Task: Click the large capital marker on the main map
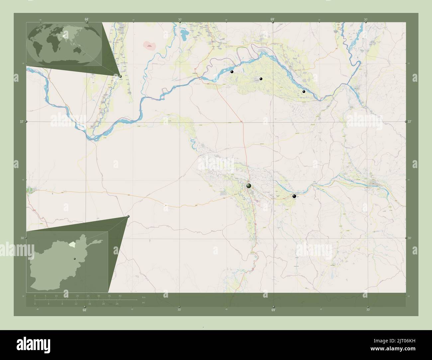[249, 186]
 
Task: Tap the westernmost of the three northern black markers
[232, 71]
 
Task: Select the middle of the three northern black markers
[261, 79]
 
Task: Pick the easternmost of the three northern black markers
[304, 91]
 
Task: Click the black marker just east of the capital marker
[294, 196]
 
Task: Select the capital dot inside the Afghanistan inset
[75, 259]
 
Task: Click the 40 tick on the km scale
[120, 296]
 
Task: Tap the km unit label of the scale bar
[144, 297]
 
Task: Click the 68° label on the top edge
[86, 19]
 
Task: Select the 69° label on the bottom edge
[273, 310]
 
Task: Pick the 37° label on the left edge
[21, 122]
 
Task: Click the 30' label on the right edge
[410, 238]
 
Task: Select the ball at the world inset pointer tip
[120, 76]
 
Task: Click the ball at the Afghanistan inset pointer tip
[128, 217]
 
